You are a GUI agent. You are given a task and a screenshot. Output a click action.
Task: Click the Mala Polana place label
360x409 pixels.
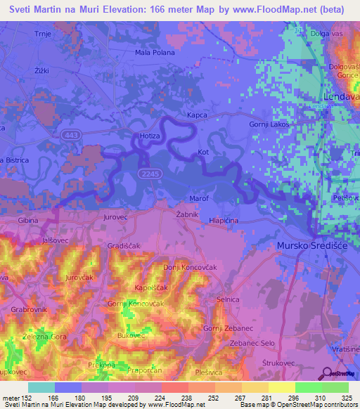pos(155,52)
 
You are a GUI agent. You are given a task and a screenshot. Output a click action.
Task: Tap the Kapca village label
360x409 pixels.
pos(198,112)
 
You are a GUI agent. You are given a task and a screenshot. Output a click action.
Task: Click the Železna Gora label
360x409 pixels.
pos(43,337)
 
